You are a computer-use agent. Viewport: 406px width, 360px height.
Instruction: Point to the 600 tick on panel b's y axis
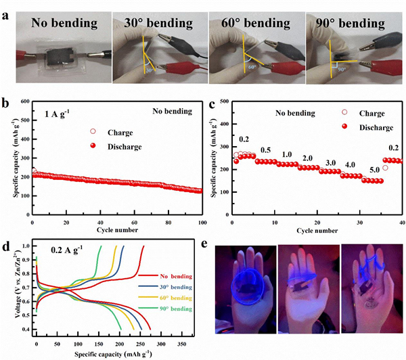(25, 102)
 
